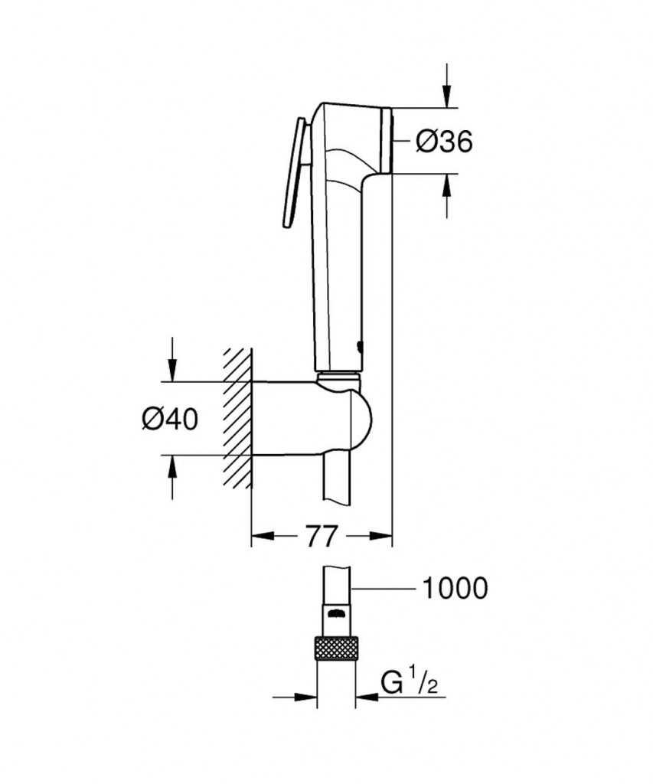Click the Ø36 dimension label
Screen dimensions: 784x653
click(x=444, y=141)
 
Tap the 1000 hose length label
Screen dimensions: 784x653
click(x=455, y=588)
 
